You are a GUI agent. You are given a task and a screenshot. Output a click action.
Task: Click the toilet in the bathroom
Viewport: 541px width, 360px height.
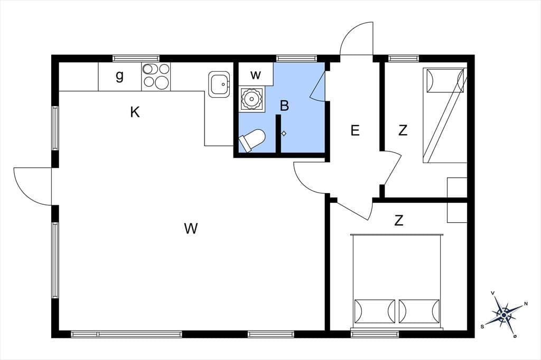251,140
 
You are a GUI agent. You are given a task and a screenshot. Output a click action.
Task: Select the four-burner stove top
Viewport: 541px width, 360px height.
156,77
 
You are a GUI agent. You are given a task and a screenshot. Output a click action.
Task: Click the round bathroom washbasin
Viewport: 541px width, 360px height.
251,99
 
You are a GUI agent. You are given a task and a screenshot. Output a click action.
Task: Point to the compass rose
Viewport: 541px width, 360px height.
504,315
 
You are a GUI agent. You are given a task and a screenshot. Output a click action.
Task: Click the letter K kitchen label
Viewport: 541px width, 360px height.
135,112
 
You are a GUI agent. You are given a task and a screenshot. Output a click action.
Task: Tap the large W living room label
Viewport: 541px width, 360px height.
191,228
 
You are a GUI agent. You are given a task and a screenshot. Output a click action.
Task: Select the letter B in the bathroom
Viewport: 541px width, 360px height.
284,106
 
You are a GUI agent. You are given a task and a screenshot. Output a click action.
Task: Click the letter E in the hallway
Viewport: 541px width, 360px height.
355,131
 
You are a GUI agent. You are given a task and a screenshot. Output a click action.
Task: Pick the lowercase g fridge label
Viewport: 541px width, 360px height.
119,76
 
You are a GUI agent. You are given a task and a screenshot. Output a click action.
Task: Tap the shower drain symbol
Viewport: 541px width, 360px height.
284,134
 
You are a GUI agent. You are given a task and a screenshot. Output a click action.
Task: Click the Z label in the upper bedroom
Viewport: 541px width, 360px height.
403,131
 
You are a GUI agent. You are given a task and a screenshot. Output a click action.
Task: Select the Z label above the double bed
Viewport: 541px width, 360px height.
399,220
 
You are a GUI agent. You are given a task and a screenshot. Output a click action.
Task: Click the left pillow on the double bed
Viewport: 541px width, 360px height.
375,311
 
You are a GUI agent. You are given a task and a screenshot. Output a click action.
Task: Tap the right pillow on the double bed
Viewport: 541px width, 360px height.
419,311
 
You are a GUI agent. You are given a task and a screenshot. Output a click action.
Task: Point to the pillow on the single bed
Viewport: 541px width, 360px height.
445,81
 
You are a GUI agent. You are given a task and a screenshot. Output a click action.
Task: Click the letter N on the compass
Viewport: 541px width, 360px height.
526,304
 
